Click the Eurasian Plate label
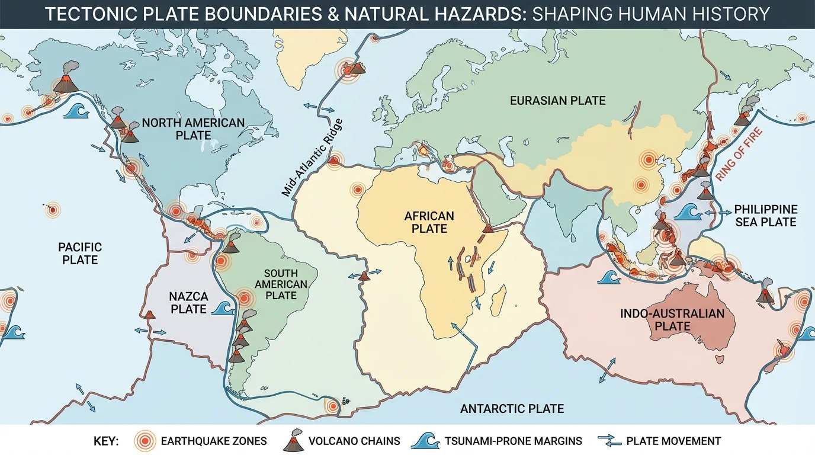[557, 101]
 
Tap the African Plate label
[429, 222]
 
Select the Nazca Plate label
[188, 302]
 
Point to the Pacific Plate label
[80, 253]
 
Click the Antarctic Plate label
[512, 409]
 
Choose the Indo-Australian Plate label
[672, 320]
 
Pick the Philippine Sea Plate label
[765, 216]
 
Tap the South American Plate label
[281, 284]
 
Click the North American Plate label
[193, 129]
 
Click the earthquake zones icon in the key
[145, 441]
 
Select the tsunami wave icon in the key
[425, 440]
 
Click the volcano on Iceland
[355, 68]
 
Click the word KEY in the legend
[106, 441]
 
